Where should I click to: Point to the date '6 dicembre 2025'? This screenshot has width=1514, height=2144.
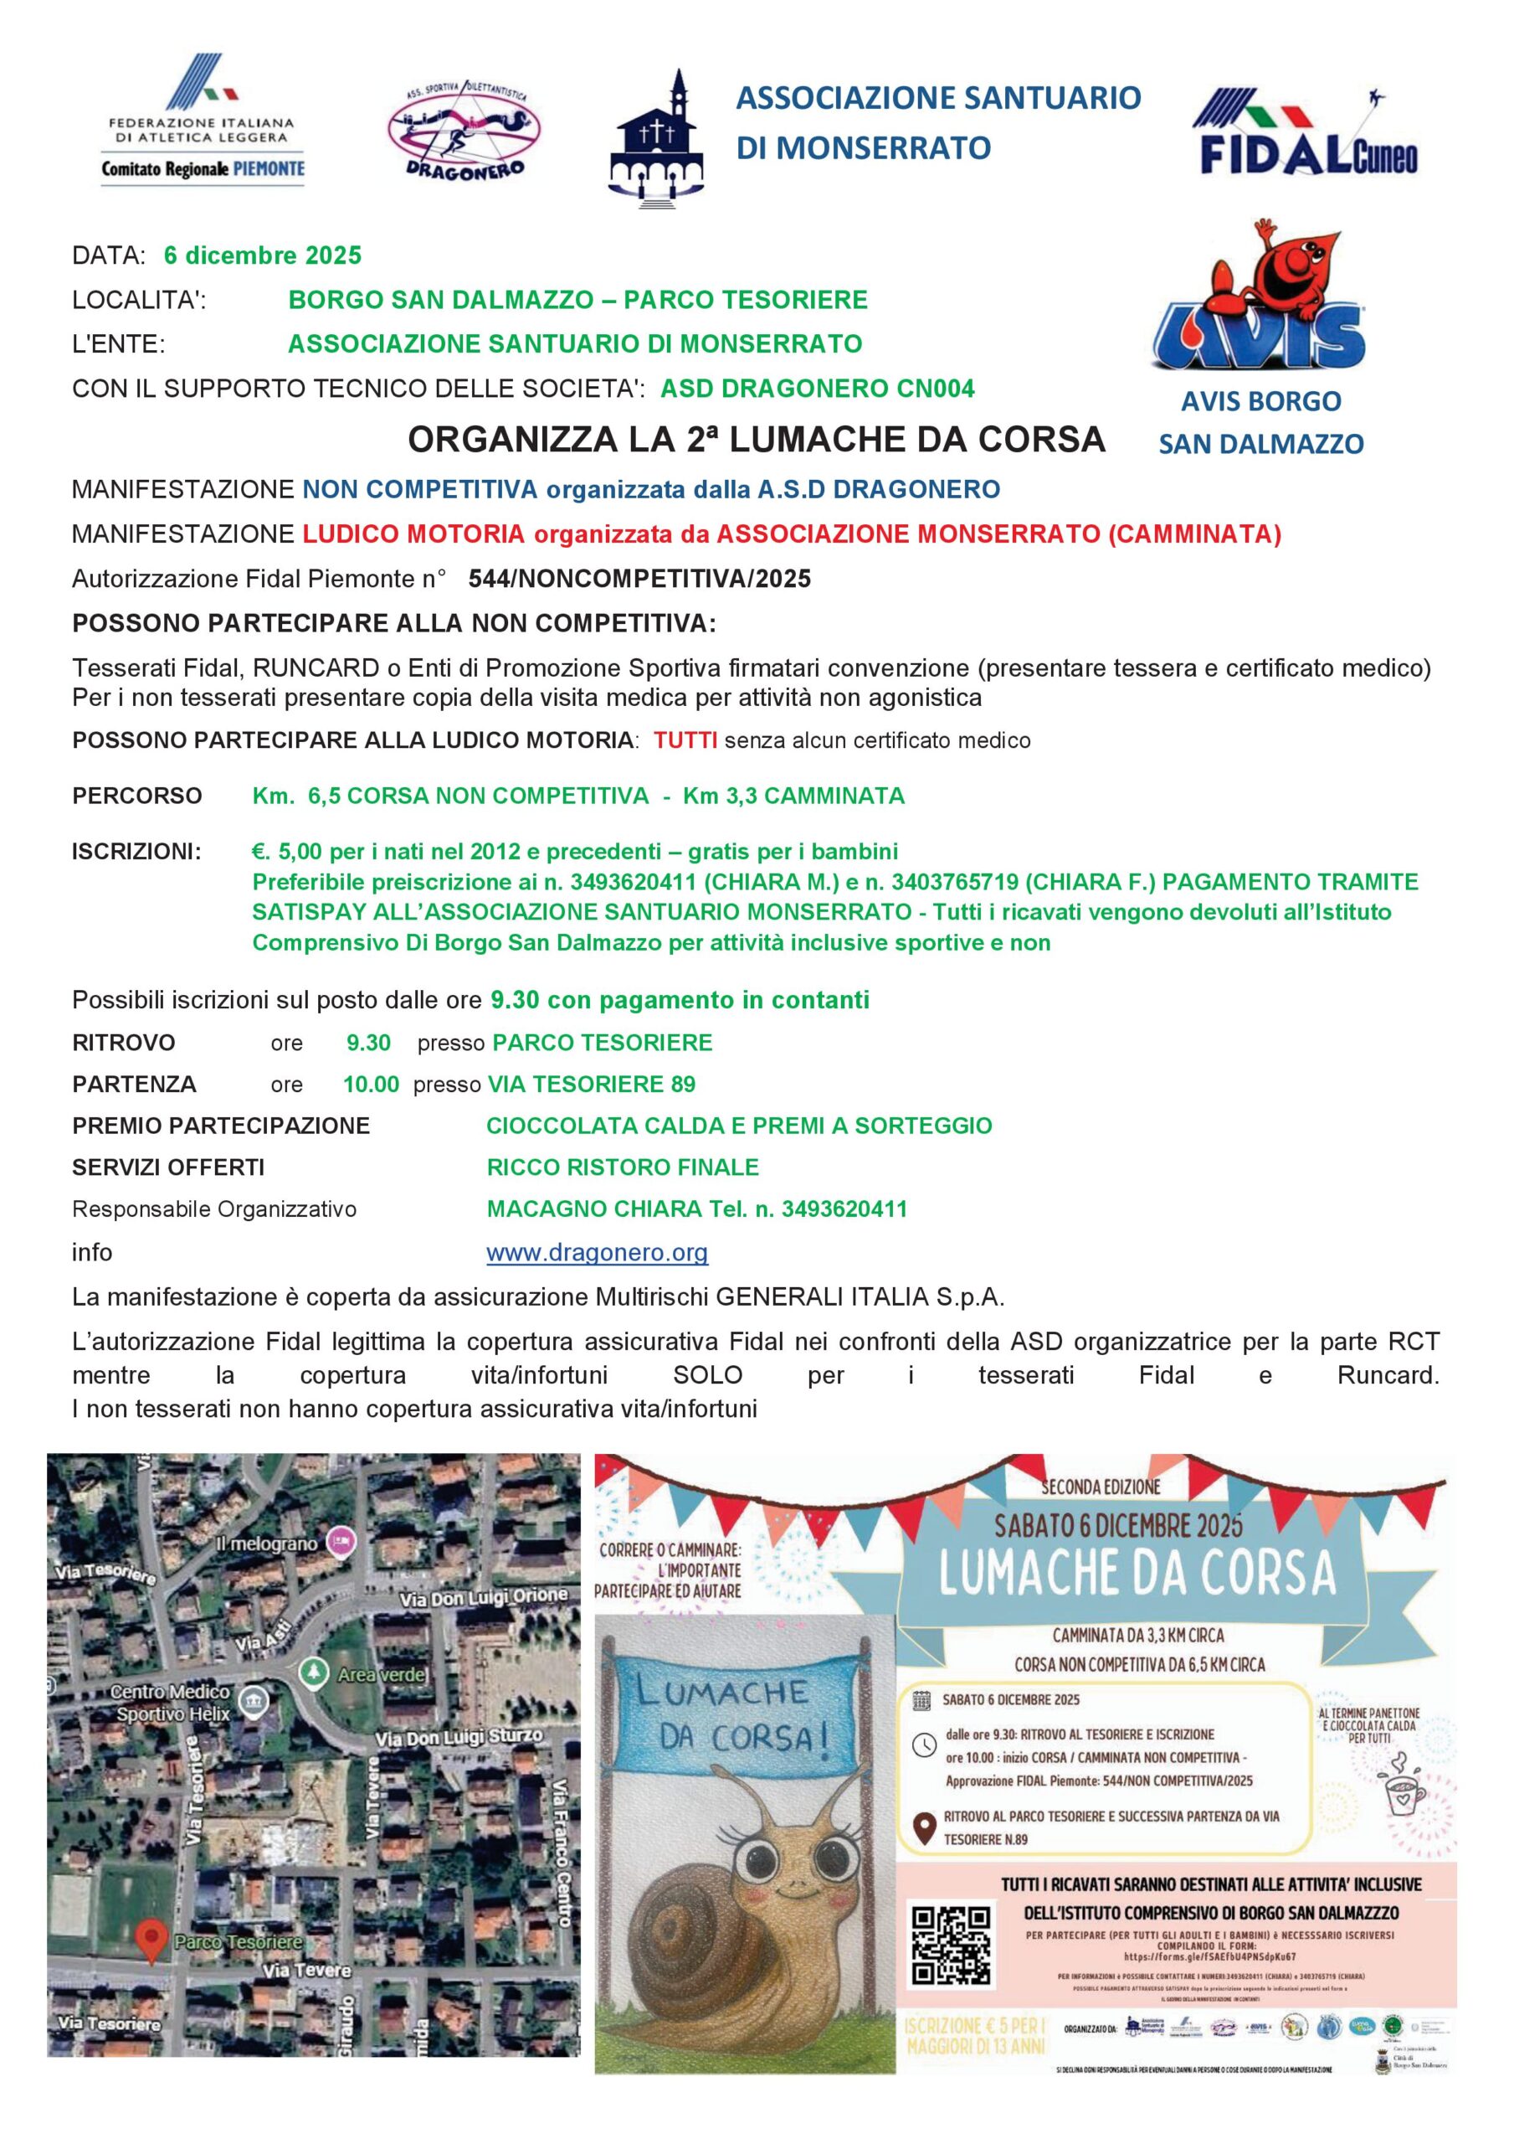click(262, 255)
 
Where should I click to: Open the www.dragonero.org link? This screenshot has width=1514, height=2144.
click(597, 1252)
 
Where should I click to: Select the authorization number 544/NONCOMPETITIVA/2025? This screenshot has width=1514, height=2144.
click(639, 579)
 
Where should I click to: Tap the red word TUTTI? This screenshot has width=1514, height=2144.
click(685, 740)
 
